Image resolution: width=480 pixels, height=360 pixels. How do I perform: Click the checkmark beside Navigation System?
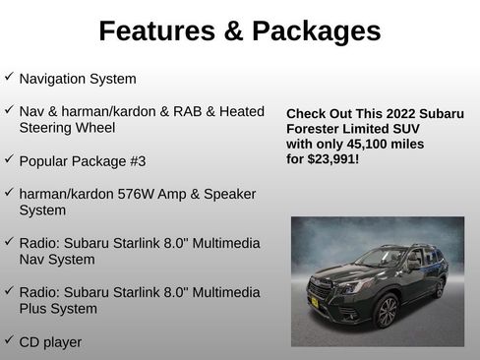(x=9, y=76)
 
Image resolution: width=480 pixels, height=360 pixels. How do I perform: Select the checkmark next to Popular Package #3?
(x=9, y=157)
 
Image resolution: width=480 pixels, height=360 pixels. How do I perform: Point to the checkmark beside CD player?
(x=9, y=340)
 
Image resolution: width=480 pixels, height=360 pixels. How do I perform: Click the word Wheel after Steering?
(x=95, y=127)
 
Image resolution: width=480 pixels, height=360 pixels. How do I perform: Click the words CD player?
(x=50, y=342)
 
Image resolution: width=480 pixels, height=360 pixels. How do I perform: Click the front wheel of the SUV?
(x=387, y=312)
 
